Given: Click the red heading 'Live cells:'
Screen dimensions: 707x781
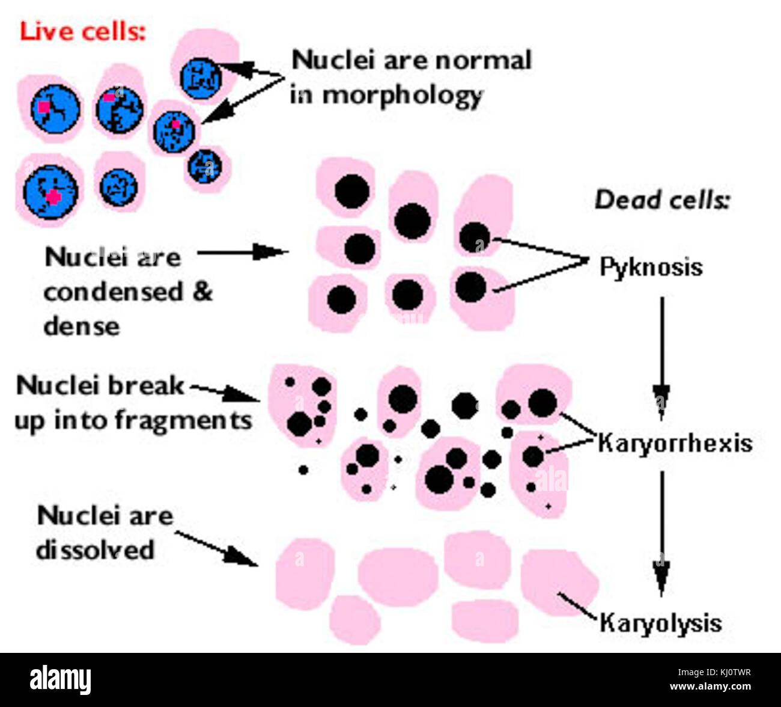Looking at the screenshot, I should (x=82, y=31).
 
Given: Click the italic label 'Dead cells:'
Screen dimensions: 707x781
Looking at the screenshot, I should (x=661, y=200).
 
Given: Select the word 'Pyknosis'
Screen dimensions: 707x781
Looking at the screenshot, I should (x=651, y=266).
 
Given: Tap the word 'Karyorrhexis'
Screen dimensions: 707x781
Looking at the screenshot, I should (x=675, y=444).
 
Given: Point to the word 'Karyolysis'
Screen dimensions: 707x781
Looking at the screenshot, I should (x=661, y=622).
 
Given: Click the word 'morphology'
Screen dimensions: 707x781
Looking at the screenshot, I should (x=403, y=96).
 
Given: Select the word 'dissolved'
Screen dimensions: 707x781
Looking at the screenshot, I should (x=96, y=549).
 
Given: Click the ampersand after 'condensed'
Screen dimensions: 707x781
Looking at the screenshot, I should (x=202, y=292).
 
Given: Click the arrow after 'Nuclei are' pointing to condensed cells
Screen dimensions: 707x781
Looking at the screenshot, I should (x=243, y=252).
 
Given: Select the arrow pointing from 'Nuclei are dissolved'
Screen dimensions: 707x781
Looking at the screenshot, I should (x=216, y=547).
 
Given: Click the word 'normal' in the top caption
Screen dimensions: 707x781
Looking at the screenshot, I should (x=483, y=60).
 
